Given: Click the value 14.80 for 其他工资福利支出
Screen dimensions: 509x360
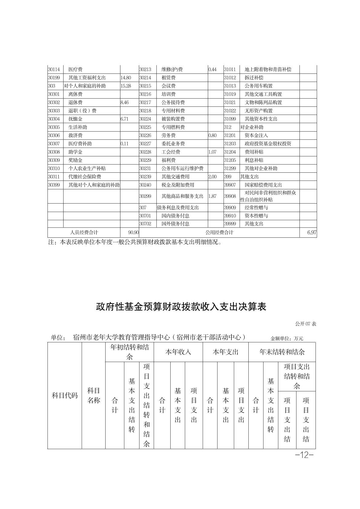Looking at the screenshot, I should click(126, 78).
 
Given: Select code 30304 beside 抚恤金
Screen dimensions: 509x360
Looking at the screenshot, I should click(54, 119).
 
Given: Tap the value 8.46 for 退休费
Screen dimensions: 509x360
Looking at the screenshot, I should click(125, 103).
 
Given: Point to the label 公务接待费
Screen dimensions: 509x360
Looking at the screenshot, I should click(173, 103).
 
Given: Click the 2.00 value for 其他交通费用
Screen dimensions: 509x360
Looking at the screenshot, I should click(212, 177).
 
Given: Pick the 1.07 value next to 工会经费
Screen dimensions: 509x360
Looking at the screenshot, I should click(212, 152).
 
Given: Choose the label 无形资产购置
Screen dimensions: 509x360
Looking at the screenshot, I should click(258, 111).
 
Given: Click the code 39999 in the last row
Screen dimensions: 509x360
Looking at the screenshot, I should click(230, 224).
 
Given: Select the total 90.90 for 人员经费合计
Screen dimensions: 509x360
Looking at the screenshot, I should click(133, 232).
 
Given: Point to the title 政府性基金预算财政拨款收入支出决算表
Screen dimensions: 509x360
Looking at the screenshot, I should click(181, 307).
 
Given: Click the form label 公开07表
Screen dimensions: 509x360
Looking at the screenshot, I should click(306, 324).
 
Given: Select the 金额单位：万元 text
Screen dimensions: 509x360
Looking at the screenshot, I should click(286, 338).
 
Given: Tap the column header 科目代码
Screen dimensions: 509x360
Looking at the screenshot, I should click(65, 396).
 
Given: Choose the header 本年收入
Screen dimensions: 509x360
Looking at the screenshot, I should click(178, 352).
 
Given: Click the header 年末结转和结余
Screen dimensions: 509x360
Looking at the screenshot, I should click(282, 352).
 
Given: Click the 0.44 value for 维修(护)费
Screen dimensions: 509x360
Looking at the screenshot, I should click(212, 70).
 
